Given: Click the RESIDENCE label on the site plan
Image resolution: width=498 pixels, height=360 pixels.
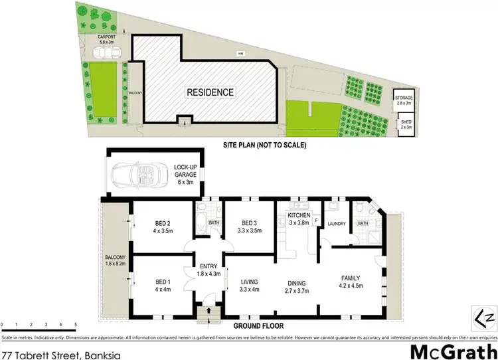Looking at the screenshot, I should click(x=209, y=92).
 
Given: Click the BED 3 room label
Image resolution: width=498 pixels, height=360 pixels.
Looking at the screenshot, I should click(x=249, y=226).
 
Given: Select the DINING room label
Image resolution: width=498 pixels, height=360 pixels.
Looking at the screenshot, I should click(x=297, y=286).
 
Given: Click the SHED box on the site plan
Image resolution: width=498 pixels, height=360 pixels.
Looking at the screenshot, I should click(x=404, y=124).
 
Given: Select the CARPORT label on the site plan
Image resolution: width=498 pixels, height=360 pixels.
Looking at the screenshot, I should click(x=108, y=40).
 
